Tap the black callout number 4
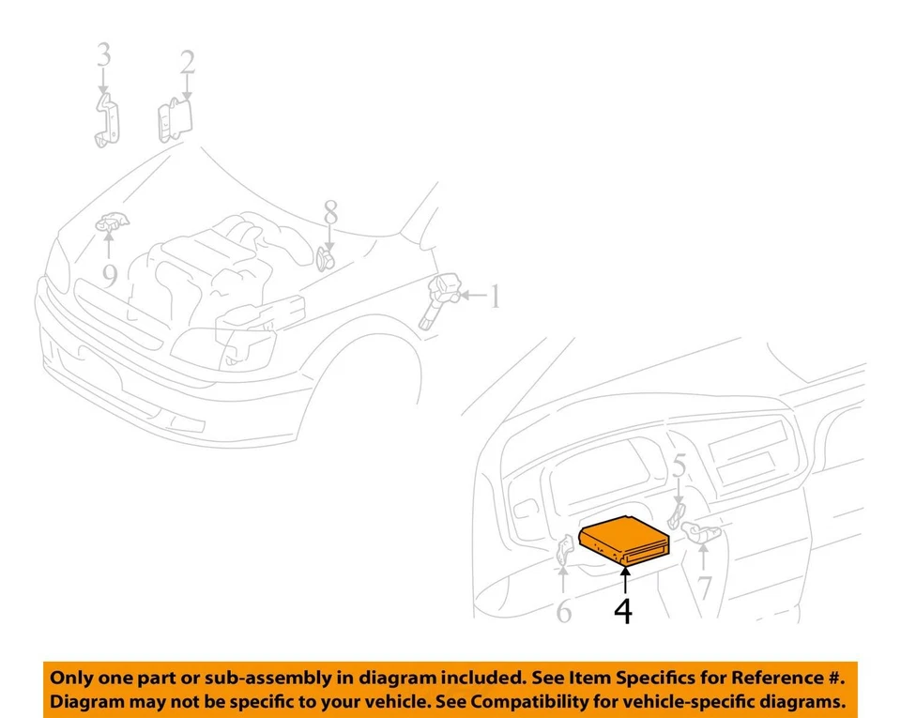pos(623,610)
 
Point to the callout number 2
pos(188,63)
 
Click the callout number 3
pos(103,55)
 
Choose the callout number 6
pos(563,612)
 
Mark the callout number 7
pos(704,588)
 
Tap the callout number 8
pos(330,212)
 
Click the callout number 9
pos(110,275)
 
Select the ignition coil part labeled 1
pos(437,298)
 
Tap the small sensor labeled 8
pos(326,258)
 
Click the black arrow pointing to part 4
pos(623,578)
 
